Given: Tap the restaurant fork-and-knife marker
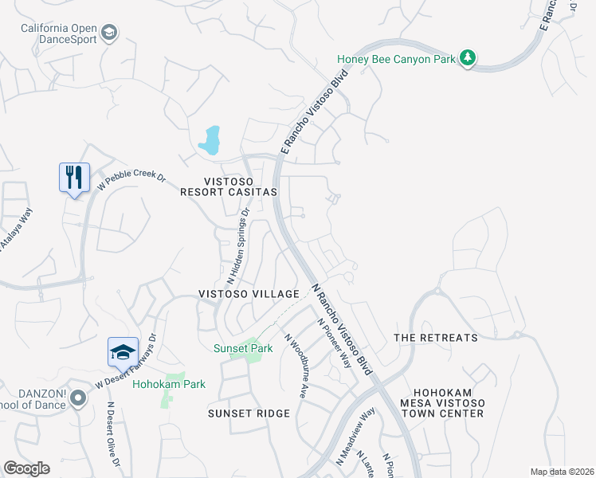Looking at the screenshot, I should pyautogui.click(x=75, y=178).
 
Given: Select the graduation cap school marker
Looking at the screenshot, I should pyautogui.click(x=124, y=352).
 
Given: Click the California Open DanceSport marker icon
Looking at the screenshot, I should pyautogui.click(x=110, y=33).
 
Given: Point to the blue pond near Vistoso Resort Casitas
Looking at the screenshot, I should pyautogui.click(x=210, y=141).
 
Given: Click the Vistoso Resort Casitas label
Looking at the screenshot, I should pyautogui.click(x=228, y=186).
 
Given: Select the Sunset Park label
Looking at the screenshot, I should pyautogui.click(x=243, y=348).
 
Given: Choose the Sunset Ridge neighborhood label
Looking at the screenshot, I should pyautogui.click(x=246, y=413).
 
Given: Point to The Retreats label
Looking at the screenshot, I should pyautogui.click(x=436, y=338).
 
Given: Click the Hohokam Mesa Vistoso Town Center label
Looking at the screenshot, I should pyautogui.click(x=449, y=402).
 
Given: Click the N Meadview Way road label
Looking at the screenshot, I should pyautogui.click(x=355, y=437).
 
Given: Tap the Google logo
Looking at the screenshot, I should pyautogui.click(x=26, y=468).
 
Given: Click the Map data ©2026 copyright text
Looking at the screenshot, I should pyautogui.click(x=562, y=472).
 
